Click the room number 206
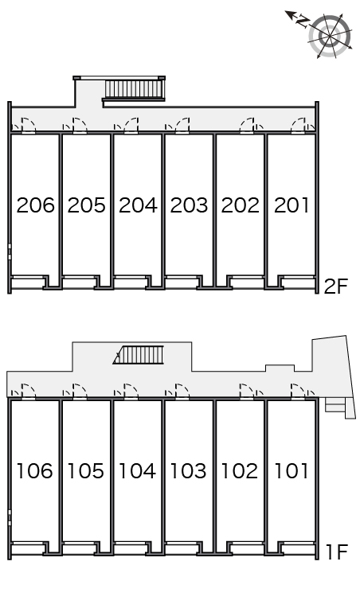pos(35,205)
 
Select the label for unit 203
pos(189,205)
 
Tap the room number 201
pos(292,205)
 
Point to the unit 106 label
pos(34,471)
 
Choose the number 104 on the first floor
pos(137,471)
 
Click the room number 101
pos(292,471)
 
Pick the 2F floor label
pos(336,287)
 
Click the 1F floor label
pos(337,552)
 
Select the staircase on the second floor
pos(135,89)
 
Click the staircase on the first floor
pos(139,355)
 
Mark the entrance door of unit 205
pos(80,124)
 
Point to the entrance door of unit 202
pos(247,124)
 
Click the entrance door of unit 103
pos(182,391)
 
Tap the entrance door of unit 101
pos(298,391)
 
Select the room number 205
pos(87,205)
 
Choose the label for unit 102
pos(240,471)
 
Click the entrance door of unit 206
pos(29,124)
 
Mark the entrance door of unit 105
pos(80,391)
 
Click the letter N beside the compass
pos(303,21)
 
